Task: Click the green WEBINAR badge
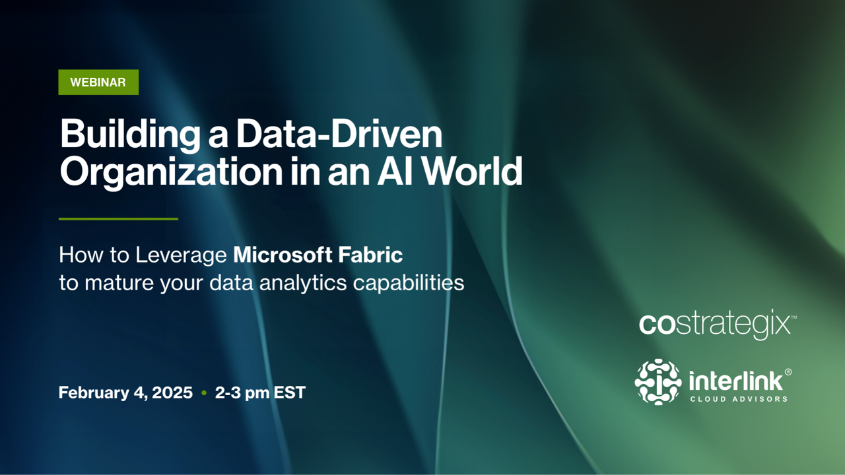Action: (x=98, y=82)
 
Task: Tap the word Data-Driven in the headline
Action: (x=339, y=134)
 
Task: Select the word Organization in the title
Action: (x=171, y=173)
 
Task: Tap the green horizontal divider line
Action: (x=118, y=218)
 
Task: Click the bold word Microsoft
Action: (x=283, y=255)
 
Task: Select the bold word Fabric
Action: (x=370, y=255)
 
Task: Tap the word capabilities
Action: (x=409, y=284)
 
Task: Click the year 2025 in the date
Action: (x=172, y=393)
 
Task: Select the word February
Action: (x=94, y=393)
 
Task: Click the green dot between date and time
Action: (x=204, y=393)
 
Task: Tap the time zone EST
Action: (x=289, y=393)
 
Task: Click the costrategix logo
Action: (x=718, y=324)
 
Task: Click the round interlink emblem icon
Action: (x=658, y=382)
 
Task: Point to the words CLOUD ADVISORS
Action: (x=739, y=399)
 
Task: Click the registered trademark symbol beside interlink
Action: (x=788, y=371)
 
